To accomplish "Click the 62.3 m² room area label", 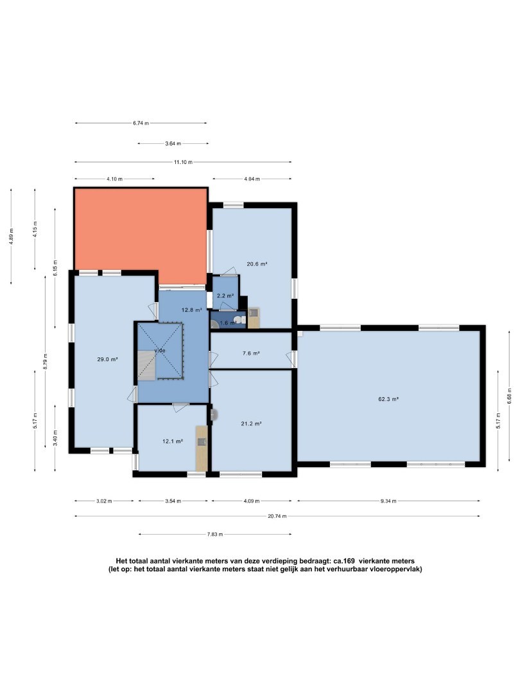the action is (x=388, y=399).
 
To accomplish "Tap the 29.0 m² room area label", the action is (x=107, y=359).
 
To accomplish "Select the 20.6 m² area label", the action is (x=257, y=264).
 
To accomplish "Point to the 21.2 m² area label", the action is (x=251, y=423).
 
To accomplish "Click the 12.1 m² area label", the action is (x=173, y=441).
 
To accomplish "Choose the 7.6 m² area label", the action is (x=251, y=353).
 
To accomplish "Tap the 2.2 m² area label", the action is (x=225, y=296).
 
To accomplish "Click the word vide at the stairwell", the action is (x=160, y=351).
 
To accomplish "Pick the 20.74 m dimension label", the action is (x=277, y=516).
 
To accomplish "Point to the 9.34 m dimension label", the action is (x=388, y=501).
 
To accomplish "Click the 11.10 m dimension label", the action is (x=183, y=162).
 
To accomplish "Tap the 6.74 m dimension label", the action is (x=141, y=123).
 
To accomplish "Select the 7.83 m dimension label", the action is (x=215, y=534).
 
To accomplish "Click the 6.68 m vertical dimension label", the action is (x=509, y=396).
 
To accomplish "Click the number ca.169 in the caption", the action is (x=343, y=561).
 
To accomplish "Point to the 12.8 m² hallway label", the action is (x=192, y=310).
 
